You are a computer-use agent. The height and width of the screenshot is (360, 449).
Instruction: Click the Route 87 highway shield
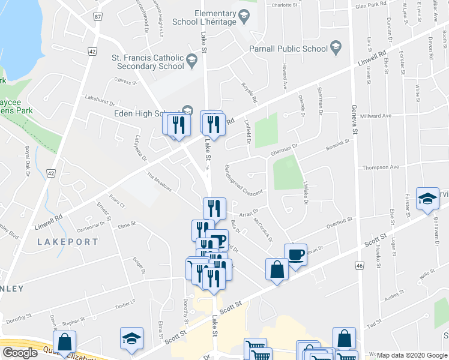pyautogui.click(x=98, y=17)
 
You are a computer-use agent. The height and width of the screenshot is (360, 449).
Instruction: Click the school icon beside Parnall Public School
pyautogui.click(x=336, y=48)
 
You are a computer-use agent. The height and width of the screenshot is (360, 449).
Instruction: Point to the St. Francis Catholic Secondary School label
pyautogui.click(x=143, y=62)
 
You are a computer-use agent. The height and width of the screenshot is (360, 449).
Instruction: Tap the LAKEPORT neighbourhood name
pyautogui.click(x=67, y=242)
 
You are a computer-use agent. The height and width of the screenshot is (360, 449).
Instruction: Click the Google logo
pyautogui.click(x=20, y=353)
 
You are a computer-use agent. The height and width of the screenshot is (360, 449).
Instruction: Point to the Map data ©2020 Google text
pyautogui.click(x=411, y=355)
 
